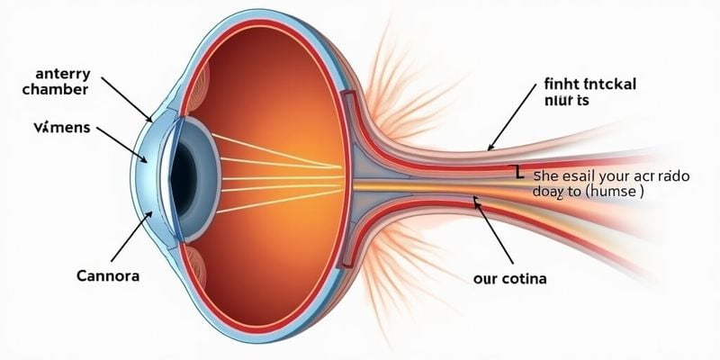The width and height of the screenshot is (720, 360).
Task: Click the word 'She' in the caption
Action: (548, 176)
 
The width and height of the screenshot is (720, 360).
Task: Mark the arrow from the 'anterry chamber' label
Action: (126, 98)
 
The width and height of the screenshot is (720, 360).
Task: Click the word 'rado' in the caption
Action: (671, 176)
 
